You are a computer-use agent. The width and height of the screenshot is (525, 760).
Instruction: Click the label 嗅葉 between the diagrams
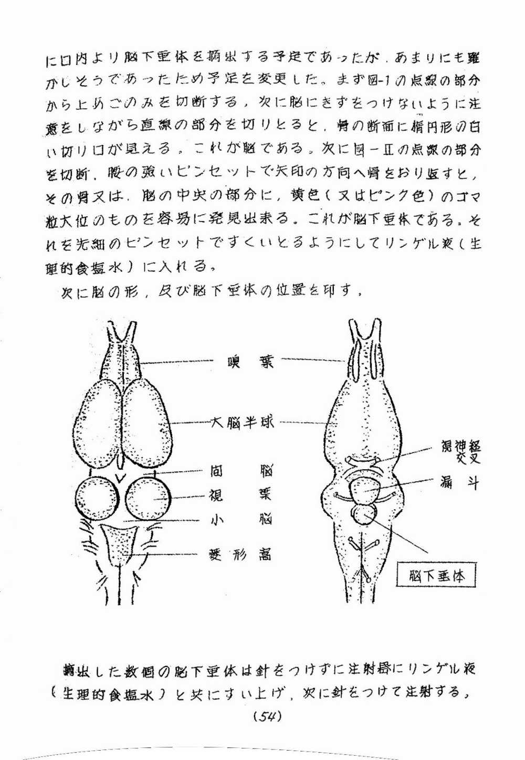[250, 362]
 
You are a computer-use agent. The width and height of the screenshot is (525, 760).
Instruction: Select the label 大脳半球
[242, 423]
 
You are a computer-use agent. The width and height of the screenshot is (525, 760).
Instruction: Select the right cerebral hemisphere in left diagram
[146, 420]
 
